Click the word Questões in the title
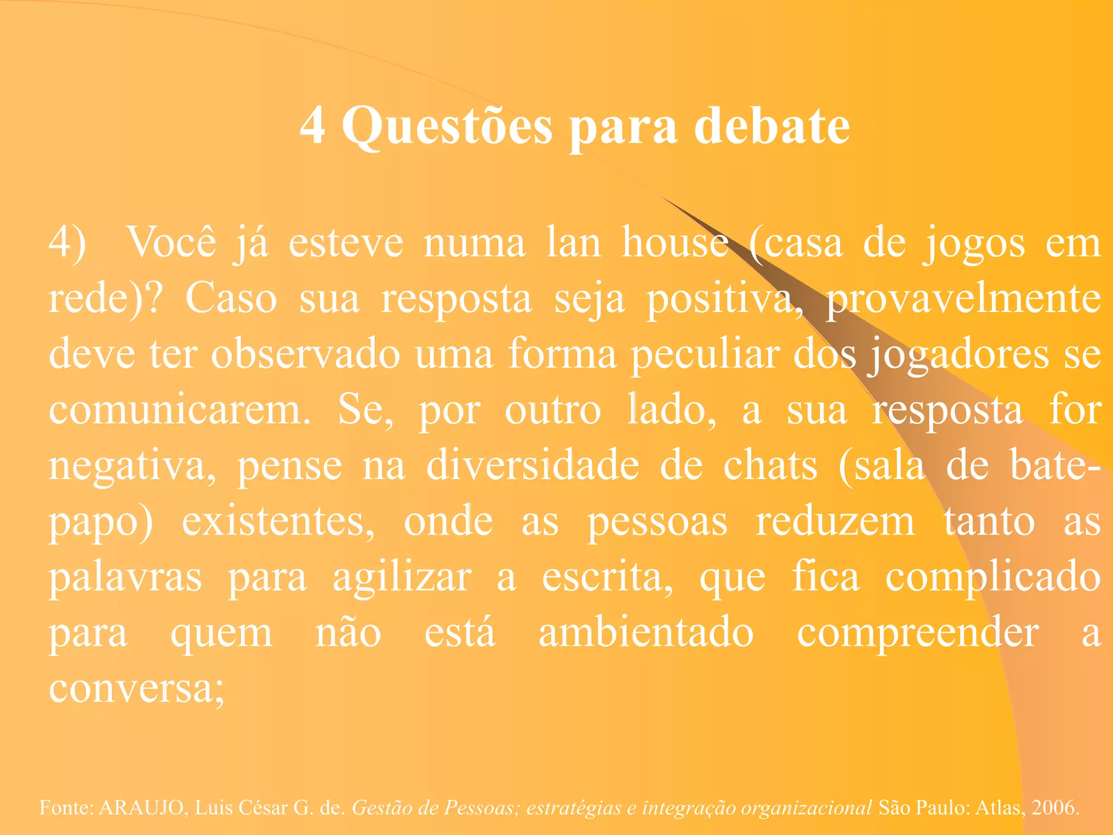click(x=447, y=126)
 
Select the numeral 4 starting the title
click(x=313, y=126)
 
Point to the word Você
click(x=171, y=242)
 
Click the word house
click(x=675, y=242)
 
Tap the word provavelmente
click(x=963, y=299)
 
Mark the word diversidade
click(x=533, y=465)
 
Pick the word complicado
click(x=993, y=578)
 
